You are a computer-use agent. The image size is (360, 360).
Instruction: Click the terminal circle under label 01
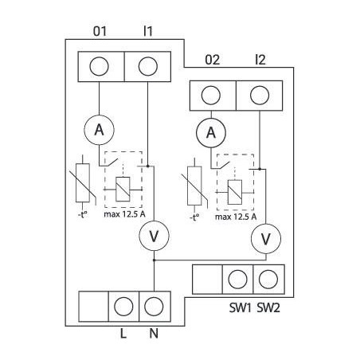click(100, 67)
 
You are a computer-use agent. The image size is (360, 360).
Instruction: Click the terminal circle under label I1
click(148, 67)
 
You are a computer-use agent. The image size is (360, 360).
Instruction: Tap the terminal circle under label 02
click(211, 96)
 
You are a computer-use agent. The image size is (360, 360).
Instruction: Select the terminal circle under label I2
click(260, 96)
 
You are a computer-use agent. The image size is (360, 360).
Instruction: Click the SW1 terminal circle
click(237, 280)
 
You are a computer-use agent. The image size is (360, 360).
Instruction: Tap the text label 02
click(212, 60)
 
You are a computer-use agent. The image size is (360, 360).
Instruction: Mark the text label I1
click(148, 31)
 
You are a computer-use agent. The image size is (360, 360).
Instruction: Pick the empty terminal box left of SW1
click(207, 280)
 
